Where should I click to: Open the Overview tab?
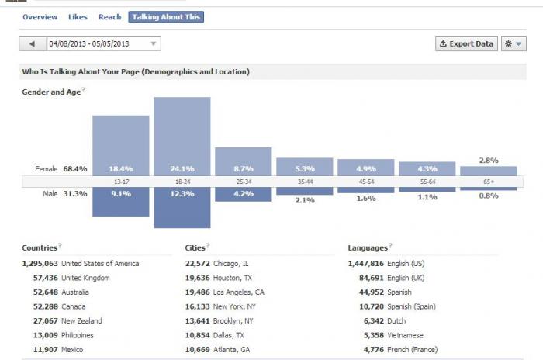pos(40,17)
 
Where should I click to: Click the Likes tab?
pos(78,17)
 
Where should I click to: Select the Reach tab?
pos(110,17)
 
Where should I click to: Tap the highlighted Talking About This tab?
pos(166,17)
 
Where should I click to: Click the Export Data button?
pos(466,44)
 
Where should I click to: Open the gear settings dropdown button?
pos(514,44)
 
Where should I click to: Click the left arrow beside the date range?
pos(33,44)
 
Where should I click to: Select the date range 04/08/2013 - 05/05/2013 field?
pos(103,44)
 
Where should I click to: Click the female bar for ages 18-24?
pos(182,137)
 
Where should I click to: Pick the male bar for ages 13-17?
pos(121,202)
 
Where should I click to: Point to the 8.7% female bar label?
pos(244,169)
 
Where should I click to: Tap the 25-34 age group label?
pos(244,182)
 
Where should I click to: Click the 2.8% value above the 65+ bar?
pos(489,161)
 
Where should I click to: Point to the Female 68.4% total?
pos(61,169)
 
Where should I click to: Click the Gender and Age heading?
pos(51,92)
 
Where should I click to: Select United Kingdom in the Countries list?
pos(85,278)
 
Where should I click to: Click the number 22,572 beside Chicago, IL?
pos(197,264)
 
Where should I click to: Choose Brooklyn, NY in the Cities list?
pos(233,321)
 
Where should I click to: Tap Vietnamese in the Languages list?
pos(405,335)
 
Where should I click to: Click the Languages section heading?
pos(368,248)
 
